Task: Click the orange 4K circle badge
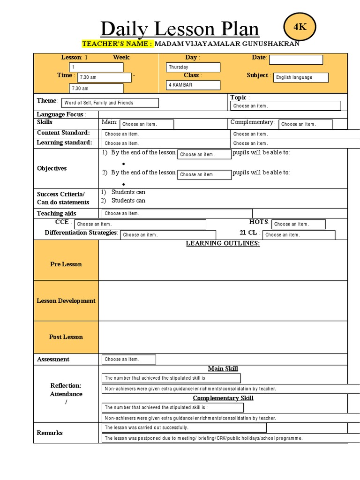[x=300, y=27]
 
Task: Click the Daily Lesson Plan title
[x=180, y=29]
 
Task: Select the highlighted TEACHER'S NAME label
[x=118, y=44]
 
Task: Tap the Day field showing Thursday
[x=193, y=67]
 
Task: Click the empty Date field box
[x=296, y=60]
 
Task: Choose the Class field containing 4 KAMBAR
[x=193, y=85]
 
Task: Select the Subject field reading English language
[x=301, y=77]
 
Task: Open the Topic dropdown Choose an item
[x=285, y=106]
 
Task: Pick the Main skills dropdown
[x=147, y=124]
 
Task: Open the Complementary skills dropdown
[x=306, y=124]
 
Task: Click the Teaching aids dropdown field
[x=177, y=213]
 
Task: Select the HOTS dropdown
[x=298, y=224]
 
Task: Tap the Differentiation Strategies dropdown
[x=168, y=235]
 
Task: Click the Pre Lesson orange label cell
[x=66, y=264]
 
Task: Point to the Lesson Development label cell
[x=66, y=301]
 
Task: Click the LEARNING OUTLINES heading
[x=223, y=243]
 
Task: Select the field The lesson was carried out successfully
[x=184, y=427]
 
